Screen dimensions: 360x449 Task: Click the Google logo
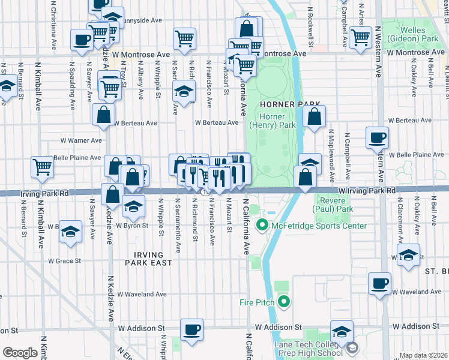[x=19, y=352]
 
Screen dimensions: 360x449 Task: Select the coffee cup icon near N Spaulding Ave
[x=81, y=41]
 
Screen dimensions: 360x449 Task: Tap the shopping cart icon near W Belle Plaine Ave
[x=42, y=167]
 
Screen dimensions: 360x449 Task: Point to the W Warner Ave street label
[x=81, y=140]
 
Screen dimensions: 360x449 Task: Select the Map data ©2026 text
[x=424, y=355]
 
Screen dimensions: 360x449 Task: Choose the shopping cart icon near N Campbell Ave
[x=361, y=37]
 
